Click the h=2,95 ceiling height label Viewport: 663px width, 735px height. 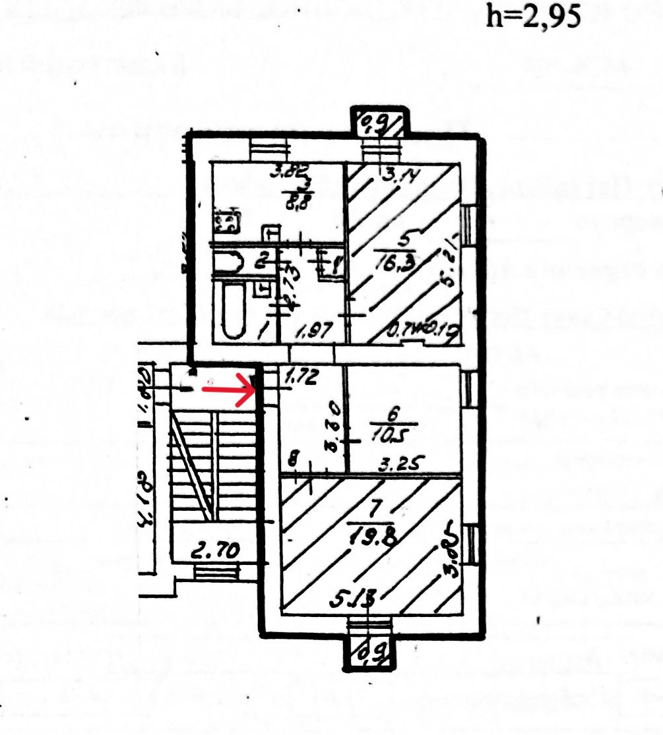pos(524,16)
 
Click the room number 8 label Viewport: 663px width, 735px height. pos(294,456)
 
